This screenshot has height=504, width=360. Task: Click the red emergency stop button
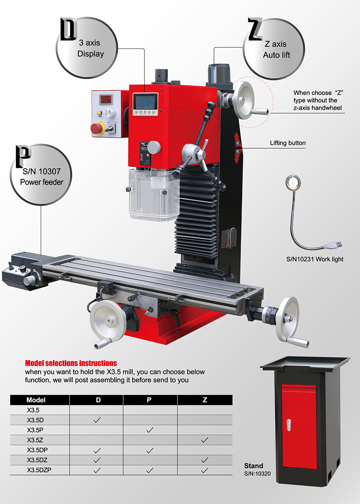pos(97,128)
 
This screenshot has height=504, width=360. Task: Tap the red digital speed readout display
pos(105,99)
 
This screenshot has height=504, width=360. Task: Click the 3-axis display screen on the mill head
pos(145,102)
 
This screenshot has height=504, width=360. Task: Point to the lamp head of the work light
pos(293,182)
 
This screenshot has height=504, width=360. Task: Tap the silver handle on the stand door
pos(289,425)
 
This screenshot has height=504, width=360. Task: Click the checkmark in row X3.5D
pos(97,420)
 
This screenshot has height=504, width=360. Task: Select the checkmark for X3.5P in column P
pos(150,430)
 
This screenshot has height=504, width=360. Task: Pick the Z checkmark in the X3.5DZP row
pos(204,470)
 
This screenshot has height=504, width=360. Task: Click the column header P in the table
pos(149,400)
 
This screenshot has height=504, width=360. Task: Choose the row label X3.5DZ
pos(38,460)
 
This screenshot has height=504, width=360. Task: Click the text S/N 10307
pos(42,172)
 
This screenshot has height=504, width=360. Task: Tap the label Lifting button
pos(288,143)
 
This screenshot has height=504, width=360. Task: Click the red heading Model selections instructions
pos(71,363)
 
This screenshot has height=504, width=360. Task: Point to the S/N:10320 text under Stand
pos(258,473)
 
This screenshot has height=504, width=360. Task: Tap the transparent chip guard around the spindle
pos(153,195)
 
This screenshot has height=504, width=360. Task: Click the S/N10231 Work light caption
pos(315,259)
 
